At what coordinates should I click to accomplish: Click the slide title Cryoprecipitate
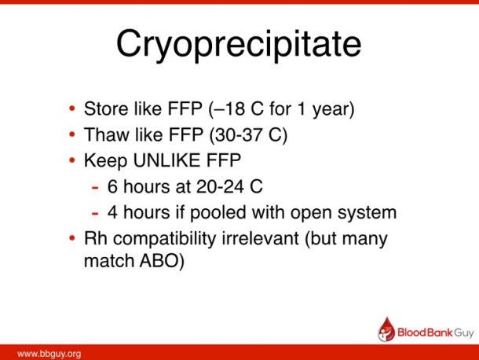[239, 45]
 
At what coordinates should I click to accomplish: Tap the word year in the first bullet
[330, 111]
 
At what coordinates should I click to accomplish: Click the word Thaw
[106, 134]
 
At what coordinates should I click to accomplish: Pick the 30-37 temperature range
[239, 134]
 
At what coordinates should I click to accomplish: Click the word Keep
[105, 161]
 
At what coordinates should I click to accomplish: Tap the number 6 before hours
[112, 186]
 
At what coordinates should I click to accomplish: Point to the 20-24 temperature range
[220, 186]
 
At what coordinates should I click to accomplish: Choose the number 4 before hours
[112, 212]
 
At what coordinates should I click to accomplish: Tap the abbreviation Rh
[95, 238]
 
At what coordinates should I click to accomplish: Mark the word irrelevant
[260, 238]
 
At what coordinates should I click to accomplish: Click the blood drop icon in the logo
[386, 329]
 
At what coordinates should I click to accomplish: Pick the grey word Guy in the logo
[464, 333]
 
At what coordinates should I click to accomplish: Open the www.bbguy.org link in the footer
[49, 354]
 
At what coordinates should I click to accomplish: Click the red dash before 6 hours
[95, 187]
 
